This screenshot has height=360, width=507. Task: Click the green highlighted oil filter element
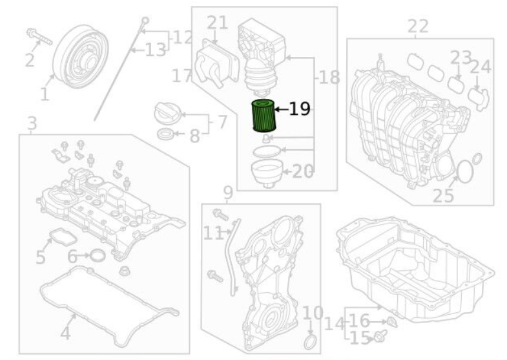tap(264, 116)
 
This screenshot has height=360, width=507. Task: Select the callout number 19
tap(300, 109)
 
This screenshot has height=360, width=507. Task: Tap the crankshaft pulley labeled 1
tap(80, 56)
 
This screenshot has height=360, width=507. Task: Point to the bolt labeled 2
tap(39, 37)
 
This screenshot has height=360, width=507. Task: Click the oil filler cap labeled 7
tap(167, 112)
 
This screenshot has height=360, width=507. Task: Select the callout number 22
tap(418, 26)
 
